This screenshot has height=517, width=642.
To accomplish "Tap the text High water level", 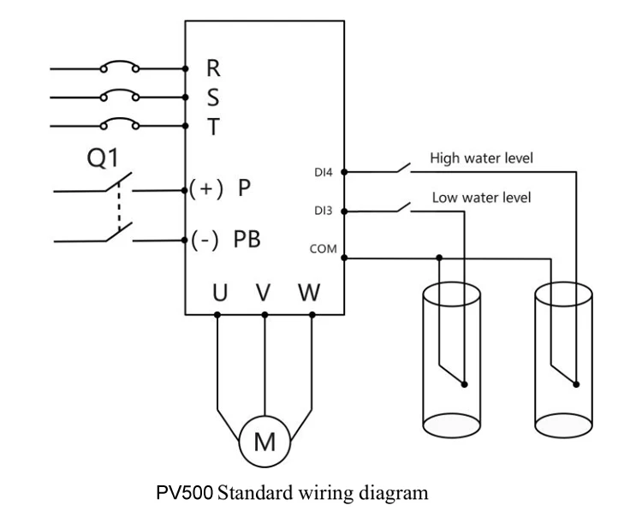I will tap(482, 157).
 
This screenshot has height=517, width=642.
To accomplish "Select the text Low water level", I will tap(480, 198).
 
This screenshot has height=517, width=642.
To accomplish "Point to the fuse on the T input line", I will tap(121, 127).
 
